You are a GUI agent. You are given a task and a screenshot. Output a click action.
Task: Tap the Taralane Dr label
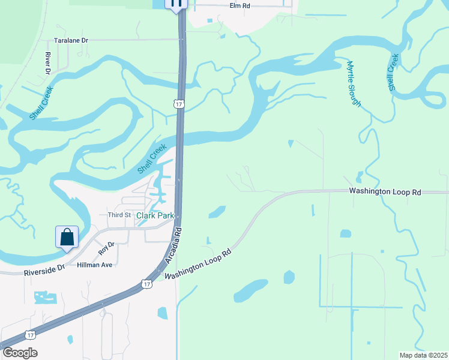pos(71,40)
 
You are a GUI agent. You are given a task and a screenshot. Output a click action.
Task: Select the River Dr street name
pos(48,62)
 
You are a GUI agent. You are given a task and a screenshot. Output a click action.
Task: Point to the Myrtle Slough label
pos(354,83)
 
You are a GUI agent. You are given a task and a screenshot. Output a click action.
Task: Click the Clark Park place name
pos(155,215)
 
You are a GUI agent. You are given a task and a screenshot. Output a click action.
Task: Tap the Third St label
pos(119,215)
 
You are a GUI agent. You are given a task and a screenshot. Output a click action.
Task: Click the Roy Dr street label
pos(106,248)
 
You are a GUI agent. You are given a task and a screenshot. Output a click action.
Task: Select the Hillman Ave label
pos(94,265)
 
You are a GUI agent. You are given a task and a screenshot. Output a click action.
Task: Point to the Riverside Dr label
pos(44,271)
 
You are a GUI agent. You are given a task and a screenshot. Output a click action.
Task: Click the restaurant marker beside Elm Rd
pos(176,4)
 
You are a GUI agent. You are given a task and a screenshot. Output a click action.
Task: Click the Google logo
pos(20,353)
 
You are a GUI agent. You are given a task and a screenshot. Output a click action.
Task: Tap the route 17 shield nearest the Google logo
pos(30,335)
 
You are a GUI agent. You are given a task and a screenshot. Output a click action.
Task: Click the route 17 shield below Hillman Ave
pos(147,283)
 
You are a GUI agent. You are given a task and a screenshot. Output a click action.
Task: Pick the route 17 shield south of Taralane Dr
pos(178,104)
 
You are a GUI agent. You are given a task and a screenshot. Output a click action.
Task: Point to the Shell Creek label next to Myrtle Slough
pos(393,73)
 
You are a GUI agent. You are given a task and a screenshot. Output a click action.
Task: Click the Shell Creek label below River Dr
pos(40,103)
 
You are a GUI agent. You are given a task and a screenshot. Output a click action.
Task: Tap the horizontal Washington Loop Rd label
pos(385,192)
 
